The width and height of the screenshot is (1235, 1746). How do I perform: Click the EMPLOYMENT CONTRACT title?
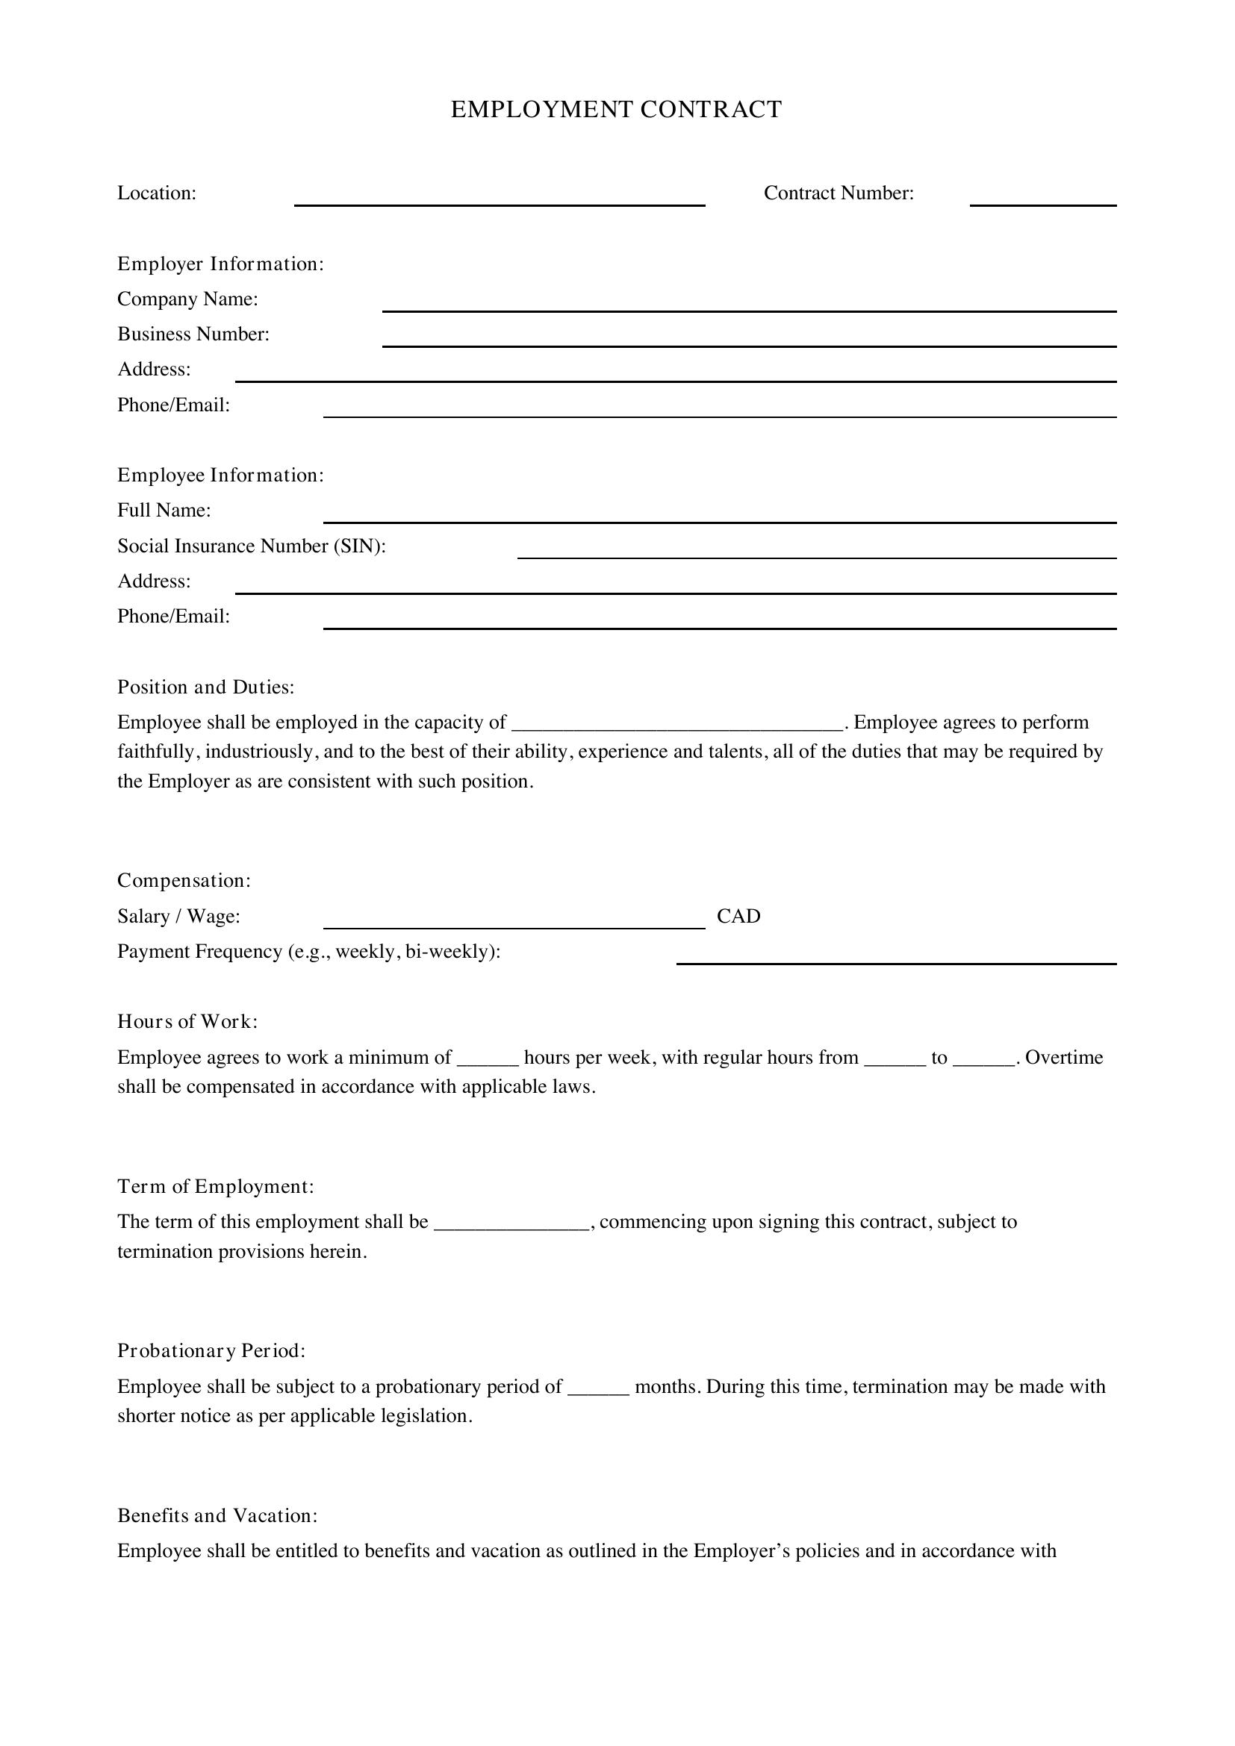point(616,110)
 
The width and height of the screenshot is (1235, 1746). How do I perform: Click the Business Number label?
point(193,334)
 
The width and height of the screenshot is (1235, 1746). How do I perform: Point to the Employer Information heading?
point(220,264)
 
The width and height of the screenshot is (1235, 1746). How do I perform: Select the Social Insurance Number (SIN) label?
point(252,546)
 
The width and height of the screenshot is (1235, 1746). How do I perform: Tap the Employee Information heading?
point(220,476)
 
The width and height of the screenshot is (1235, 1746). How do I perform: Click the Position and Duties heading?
point(205,688)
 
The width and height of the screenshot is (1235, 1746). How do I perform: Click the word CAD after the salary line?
point(738,917)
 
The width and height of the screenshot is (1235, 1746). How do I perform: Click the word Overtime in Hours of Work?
point(1064,1058)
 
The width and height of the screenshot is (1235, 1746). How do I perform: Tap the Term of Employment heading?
point(215,1186)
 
